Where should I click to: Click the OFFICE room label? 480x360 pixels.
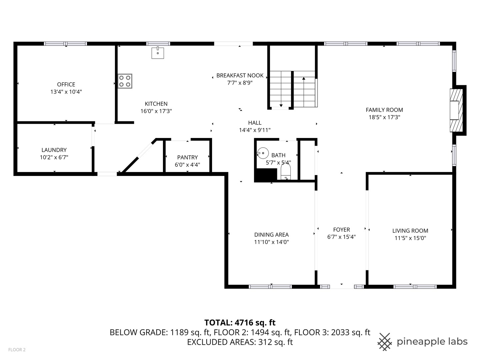pyautogui.click(x=66, y=85)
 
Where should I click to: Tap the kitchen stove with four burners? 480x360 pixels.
pyautogui.click(x=125, y=81)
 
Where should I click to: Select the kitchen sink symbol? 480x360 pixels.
pyautogui.click(x=158, y=53)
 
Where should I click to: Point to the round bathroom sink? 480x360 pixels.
pyautogui.click(x=263, y=153)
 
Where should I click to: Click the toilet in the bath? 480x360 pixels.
pyautogui.click(x=286, y=173)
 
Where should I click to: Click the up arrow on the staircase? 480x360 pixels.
pyautogui.click(x=304, y=79)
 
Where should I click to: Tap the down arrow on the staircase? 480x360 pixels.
pyautogui.click(x=281, y=105)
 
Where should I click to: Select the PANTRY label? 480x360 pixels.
pyautogui.click(x=187, y=157)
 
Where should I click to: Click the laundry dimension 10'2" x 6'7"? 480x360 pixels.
pyautogui.click(x=54, y=157)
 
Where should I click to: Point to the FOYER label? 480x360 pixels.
pyautogui.click(x=341, y=230)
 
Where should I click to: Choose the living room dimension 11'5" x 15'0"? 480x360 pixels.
pyautogui.click(x=410, y=238)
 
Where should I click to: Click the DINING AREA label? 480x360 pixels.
pyautogui.click(x=271, y=235)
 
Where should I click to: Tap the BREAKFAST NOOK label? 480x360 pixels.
pyautogui.click(x=240, y=76)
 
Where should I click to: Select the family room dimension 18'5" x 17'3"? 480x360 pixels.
pyautogui.click(x=384, y=117)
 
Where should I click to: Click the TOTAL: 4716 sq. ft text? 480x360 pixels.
pyautogui.click(x=240, y=322)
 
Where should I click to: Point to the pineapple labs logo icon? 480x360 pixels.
pyautogui.click(x=385, y=342)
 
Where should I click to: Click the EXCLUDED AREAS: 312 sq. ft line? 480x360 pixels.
pyautogui.click(x=240, y=342)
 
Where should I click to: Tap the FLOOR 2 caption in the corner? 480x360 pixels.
pyautogui.click(x=17, y=350)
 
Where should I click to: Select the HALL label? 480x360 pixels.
pyautogui.click(x=255, y=123)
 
